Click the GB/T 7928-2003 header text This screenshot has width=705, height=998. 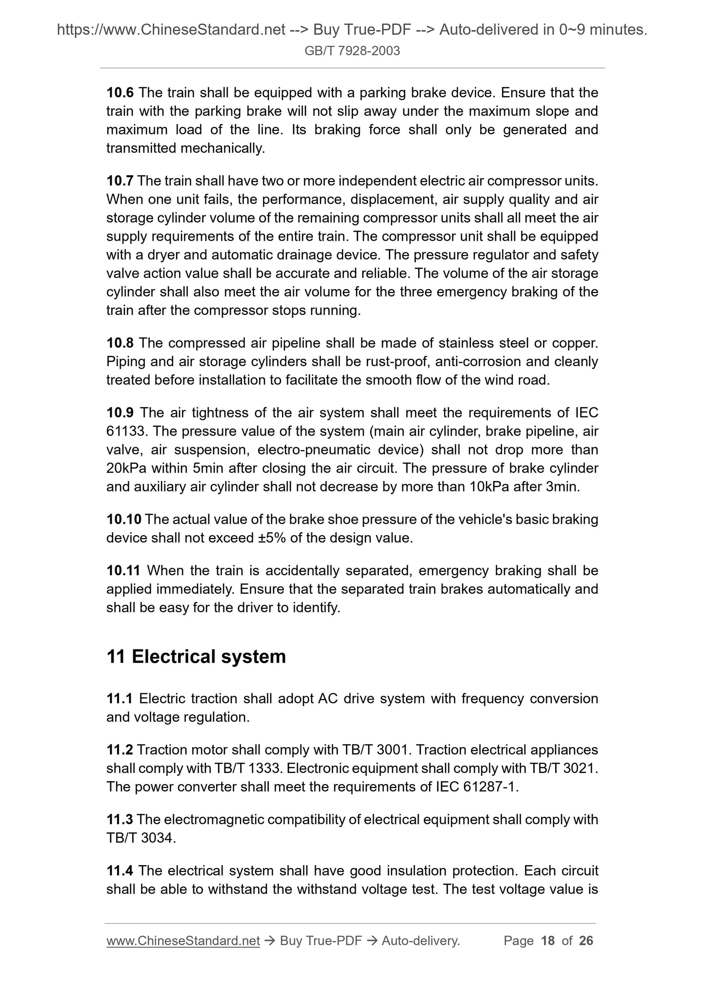[352, 51]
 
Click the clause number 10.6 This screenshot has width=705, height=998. [120, 93]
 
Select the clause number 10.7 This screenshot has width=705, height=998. [120, 181]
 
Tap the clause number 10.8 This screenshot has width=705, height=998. [120, 343]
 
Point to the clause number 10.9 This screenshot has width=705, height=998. [120, 413]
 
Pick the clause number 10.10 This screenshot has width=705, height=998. [123, 520]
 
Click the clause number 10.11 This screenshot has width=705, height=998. [123, 571]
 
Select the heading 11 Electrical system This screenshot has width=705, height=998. [196, 657]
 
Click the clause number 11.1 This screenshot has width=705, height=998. [120, 699]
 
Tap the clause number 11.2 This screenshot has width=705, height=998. [120, 750]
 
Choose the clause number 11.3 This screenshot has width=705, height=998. [120, 820]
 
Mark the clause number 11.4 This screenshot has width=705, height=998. [120, 871]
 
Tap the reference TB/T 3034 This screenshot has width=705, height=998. [140, 838]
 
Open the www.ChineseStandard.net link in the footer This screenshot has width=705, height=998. [183, 941]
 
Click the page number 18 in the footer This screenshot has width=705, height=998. [548, 941]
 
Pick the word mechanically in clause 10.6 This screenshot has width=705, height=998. [222, 148]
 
